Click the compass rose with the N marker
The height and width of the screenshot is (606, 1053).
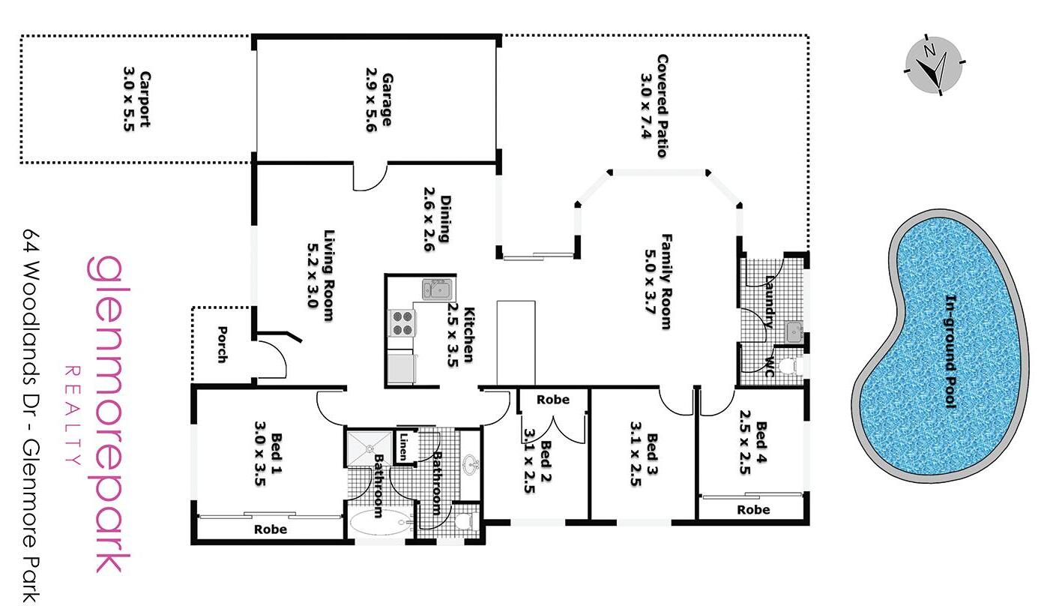click(934, 64)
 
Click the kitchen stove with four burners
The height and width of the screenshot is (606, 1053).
click(402, 322)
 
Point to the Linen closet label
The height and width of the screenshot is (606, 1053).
click(404, 446)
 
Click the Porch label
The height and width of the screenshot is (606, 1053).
click(222, 343)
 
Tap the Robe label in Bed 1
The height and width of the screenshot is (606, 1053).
click(271, 529)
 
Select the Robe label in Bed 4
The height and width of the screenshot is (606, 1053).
click(753, 510)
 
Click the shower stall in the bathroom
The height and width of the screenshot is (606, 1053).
click(369, 448)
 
